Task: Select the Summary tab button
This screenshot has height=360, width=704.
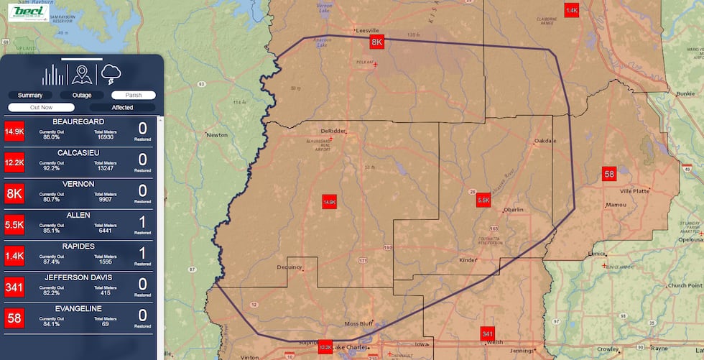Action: click(30, 95)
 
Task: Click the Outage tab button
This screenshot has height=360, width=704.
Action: click(82, 95)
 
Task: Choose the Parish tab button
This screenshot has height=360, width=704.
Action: click(134, 95)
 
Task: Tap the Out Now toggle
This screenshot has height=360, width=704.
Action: click(42, 107)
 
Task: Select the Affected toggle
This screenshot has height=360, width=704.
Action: click(122, 107)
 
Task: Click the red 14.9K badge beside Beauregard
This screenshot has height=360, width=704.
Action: click(14, 131)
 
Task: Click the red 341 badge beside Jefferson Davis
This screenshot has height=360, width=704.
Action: click(14, 287)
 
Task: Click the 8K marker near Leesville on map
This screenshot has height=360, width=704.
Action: click(377, 42)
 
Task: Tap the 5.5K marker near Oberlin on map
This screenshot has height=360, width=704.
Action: click(483, 200)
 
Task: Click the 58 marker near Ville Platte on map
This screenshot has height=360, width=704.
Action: click(609, 174)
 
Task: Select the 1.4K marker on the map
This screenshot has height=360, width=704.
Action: click(572, 10)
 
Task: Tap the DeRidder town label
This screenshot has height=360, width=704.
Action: click(333, 131)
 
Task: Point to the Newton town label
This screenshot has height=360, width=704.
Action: click(216, 134)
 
